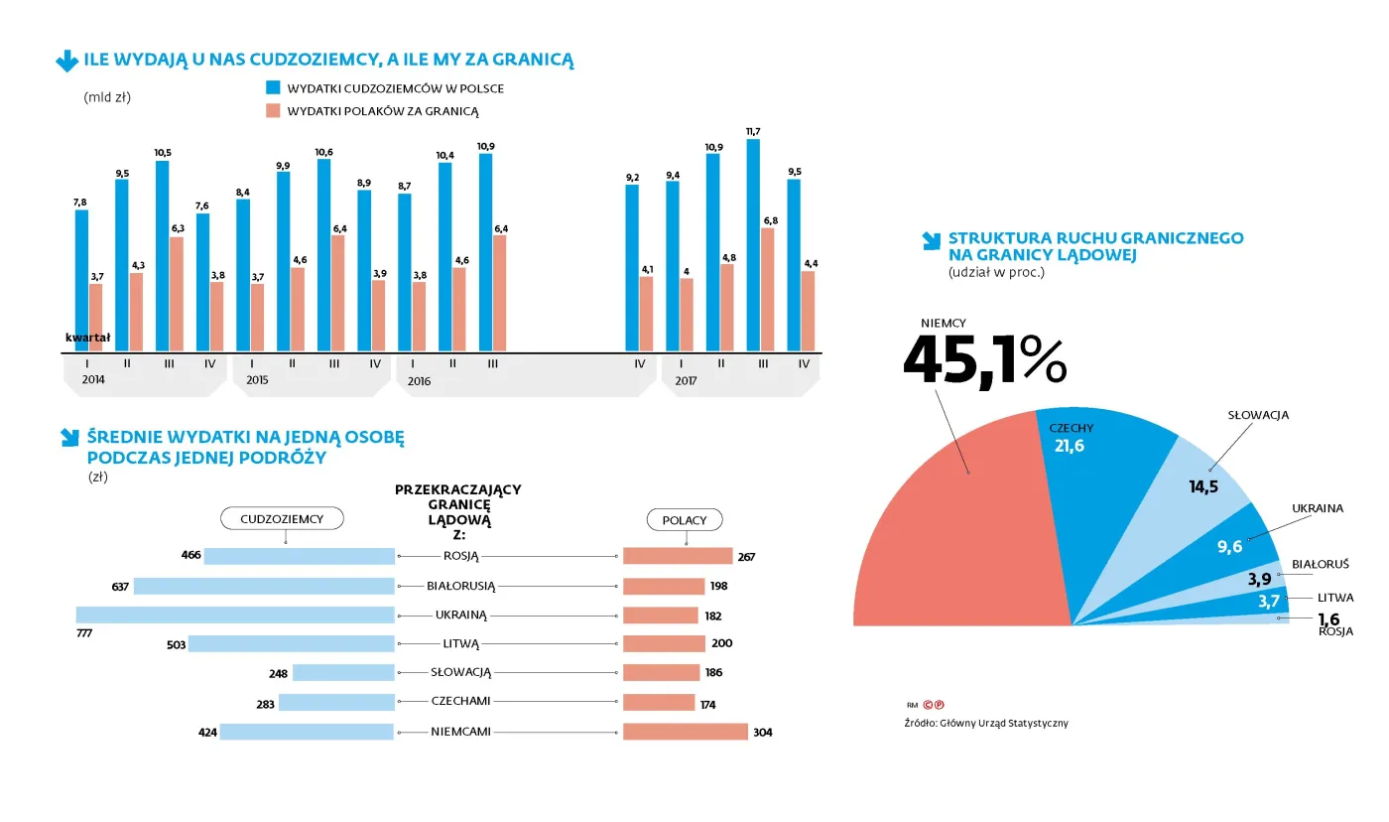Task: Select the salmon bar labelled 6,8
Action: (767, 290)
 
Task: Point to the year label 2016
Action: (419, 381)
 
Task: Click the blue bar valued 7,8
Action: (81, 281)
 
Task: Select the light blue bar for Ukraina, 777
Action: (235, 615)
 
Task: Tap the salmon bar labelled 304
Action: (685, 732)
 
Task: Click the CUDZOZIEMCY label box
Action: (282, 518)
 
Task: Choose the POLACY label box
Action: (685, 520)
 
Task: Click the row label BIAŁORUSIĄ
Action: (460, 586)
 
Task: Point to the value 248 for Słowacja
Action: (278, 673)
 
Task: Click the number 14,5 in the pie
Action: (1204, 486)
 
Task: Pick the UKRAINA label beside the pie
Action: (1317, 508)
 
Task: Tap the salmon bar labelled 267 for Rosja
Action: (678, 556)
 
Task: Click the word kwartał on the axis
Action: (87, 338)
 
